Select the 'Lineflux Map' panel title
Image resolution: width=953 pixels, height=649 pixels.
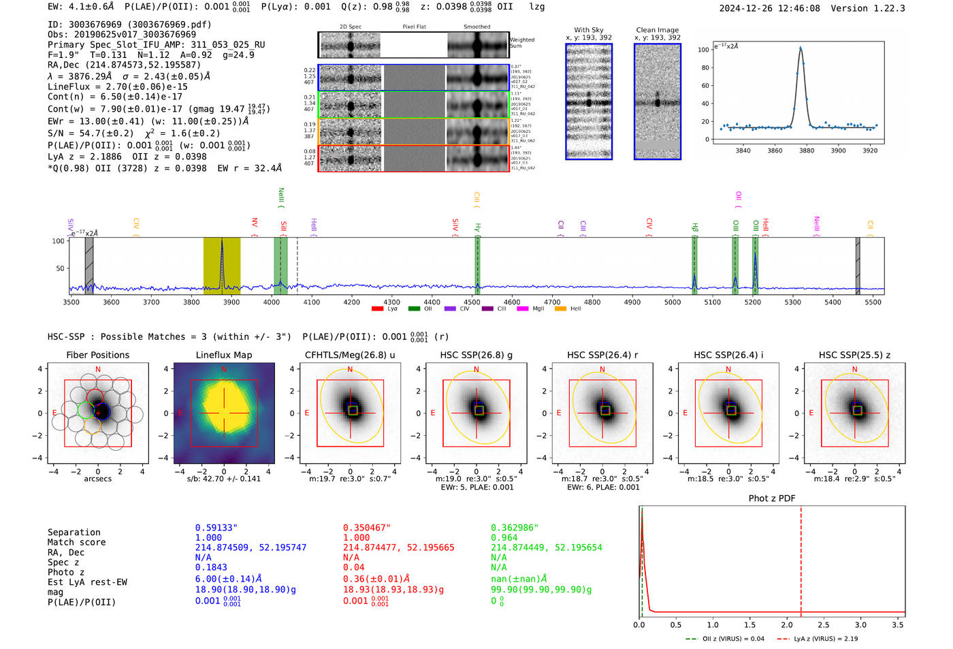223,355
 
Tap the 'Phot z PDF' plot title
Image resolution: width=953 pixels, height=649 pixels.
771,498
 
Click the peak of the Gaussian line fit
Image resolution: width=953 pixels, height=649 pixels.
801,48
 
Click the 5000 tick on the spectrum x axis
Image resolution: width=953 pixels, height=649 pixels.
673,302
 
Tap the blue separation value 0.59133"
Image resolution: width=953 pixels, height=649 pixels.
216,528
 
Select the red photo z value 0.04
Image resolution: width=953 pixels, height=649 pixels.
353,567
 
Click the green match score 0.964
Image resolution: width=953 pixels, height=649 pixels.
504,537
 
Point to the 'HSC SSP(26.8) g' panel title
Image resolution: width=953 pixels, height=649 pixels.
476,355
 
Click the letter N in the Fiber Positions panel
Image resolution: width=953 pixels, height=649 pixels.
98,369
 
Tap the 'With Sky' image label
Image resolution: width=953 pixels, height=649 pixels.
588,30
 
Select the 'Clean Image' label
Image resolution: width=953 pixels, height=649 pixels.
657,30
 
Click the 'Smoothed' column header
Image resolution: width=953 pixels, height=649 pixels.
476,27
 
